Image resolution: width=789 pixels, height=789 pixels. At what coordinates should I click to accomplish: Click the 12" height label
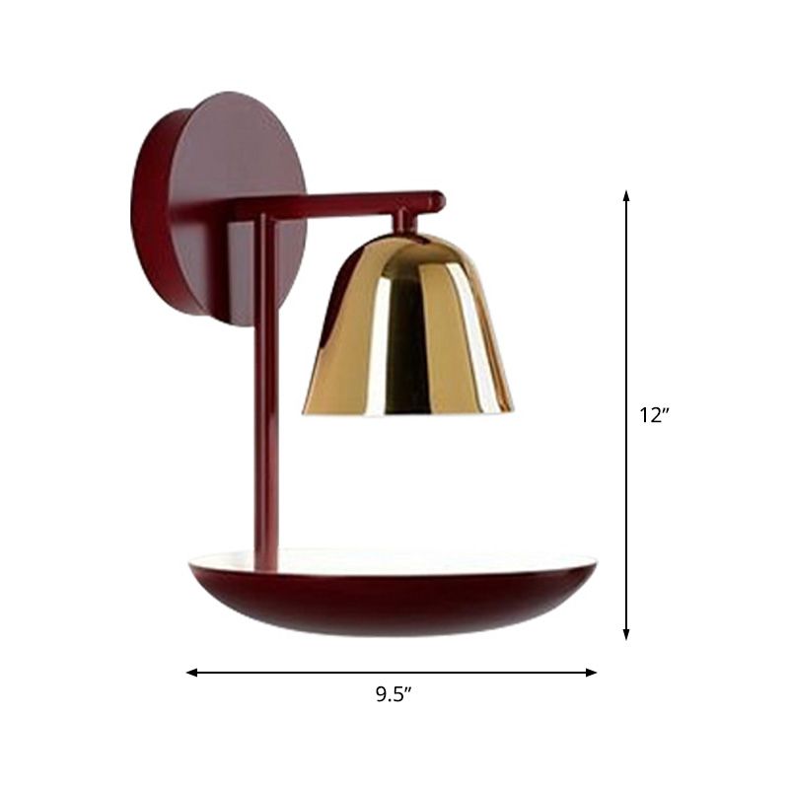[x=654, y=415]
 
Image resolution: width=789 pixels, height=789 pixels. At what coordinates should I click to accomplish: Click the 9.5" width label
[x=393, y=694]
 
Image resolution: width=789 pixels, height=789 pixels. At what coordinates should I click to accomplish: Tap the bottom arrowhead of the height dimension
[x=626, y=635]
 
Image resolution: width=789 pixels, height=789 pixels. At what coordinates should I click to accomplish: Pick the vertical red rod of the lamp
[x=265, y=394]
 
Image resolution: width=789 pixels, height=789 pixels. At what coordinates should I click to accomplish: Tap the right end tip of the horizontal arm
[x=438, y=200]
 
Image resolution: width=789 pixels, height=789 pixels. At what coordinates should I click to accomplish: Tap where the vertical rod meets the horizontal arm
[x=264, y=210]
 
